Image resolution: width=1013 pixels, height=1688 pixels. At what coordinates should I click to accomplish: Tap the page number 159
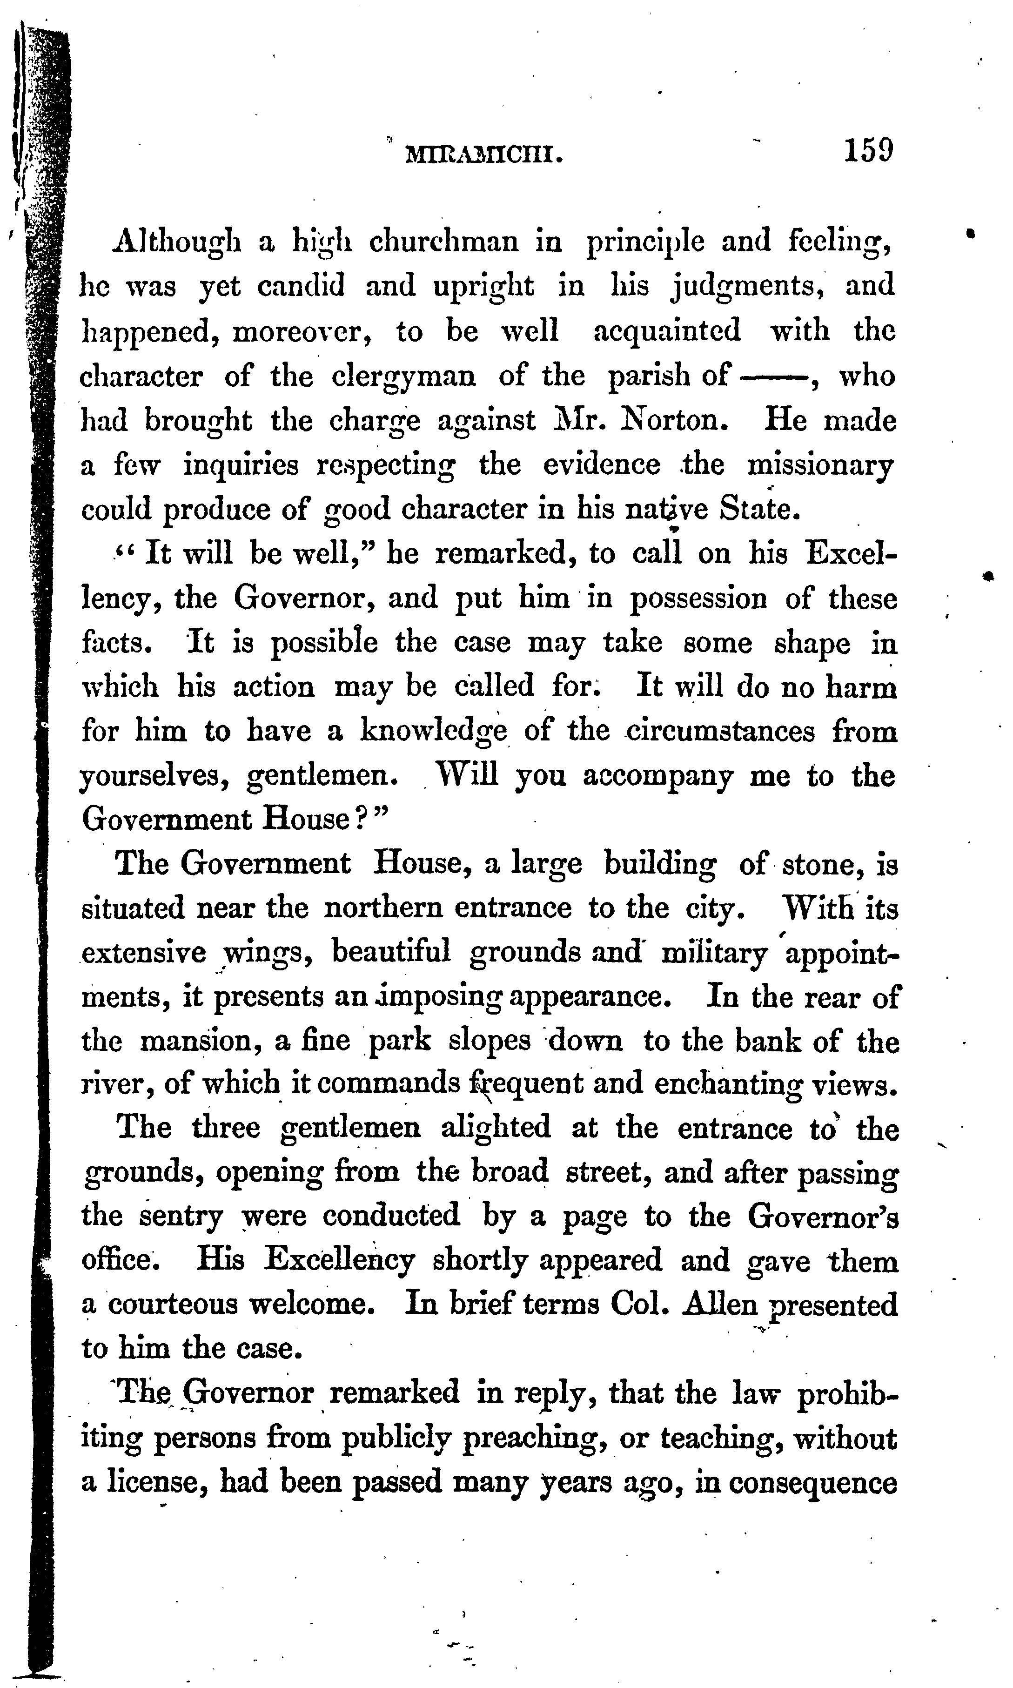[868, 149]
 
